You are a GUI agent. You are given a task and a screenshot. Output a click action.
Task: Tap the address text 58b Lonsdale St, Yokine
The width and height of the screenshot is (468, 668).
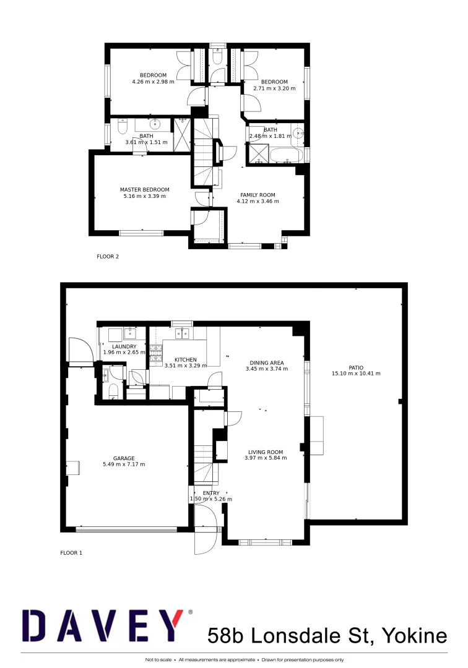327,635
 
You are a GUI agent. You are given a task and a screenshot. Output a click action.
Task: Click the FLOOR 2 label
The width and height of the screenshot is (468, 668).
107,256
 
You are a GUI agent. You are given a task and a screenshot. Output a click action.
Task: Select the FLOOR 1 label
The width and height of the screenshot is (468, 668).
71,552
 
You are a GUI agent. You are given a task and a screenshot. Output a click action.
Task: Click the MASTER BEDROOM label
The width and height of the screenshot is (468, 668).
144,190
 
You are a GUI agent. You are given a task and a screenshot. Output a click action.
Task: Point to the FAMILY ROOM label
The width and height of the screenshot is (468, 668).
258,195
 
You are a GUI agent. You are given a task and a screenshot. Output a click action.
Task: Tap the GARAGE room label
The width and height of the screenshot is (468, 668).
124,458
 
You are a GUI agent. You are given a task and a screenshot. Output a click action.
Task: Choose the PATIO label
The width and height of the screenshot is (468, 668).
355,366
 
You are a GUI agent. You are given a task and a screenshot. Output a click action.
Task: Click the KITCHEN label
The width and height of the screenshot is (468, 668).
185,359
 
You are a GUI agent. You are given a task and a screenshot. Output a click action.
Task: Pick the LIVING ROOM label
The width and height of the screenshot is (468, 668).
266,452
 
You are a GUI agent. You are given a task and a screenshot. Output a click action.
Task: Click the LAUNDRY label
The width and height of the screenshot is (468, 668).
124,346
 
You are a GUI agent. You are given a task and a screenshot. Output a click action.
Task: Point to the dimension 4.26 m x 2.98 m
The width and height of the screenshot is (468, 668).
153,82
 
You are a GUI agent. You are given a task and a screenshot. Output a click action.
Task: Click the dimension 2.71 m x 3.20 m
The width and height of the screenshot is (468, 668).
274,88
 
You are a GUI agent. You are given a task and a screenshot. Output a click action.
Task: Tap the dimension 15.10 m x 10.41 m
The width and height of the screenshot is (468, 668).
356,373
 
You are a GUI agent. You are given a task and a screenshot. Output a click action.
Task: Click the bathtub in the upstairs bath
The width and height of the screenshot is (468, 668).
285,155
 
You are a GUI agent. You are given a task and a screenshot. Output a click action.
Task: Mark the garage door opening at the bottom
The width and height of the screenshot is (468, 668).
126,529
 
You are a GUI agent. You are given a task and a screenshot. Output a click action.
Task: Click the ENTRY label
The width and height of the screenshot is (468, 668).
210,493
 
